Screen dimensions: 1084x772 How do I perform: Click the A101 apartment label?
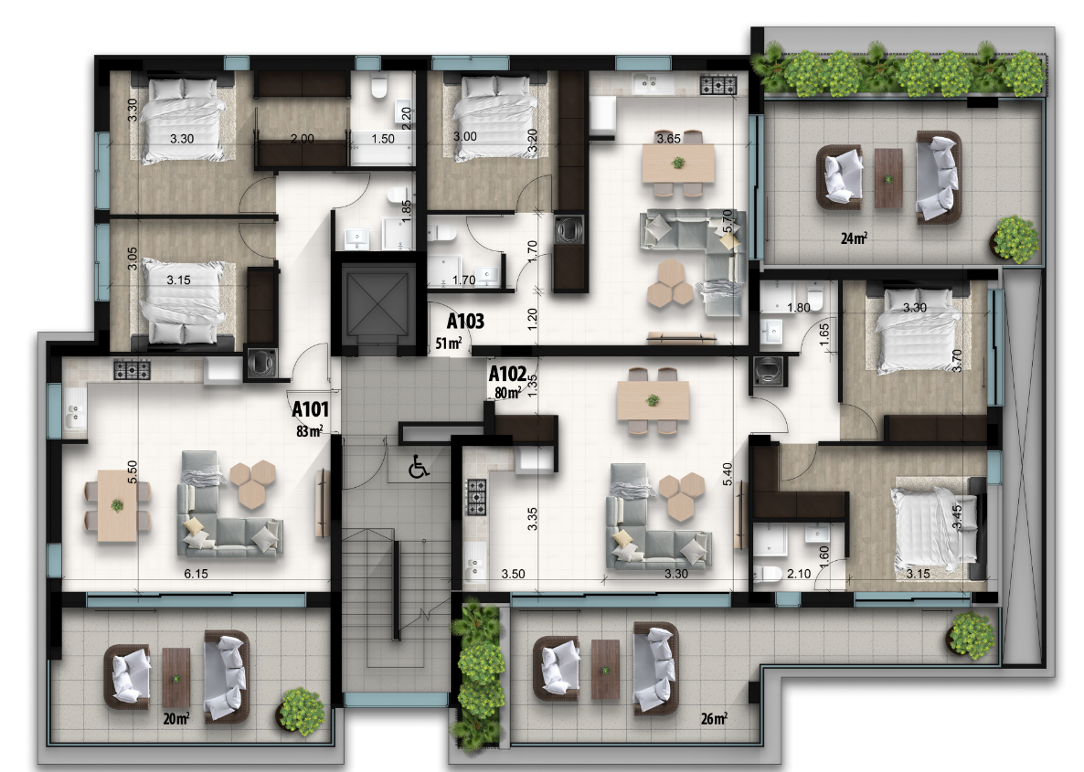[310, 409]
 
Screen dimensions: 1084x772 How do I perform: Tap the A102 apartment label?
[507, 374]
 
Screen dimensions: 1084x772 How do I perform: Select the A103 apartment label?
[465, 321]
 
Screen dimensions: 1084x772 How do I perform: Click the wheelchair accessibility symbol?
[419, 466]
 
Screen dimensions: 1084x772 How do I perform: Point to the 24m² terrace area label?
[854, 238]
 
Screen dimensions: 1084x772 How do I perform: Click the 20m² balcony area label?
[176, 718]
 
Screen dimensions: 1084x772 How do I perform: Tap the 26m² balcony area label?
[714, 718]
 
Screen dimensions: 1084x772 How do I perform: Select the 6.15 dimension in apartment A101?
[196, 574]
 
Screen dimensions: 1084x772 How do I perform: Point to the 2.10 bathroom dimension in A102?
[799, 573]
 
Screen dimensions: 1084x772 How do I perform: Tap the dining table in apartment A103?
[678, 164]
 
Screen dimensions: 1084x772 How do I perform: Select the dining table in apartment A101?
[118, 505]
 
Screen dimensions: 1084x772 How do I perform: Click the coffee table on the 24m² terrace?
[888, 178]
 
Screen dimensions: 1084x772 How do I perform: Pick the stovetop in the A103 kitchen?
[718, 85]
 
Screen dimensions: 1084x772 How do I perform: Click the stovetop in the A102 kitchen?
[476, 498]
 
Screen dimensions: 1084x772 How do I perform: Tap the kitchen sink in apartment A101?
[72, 416]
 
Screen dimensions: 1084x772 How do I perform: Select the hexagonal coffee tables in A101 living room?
[252, 484]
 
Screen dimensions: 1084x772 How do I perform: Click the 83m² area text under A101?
[309, 431]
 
